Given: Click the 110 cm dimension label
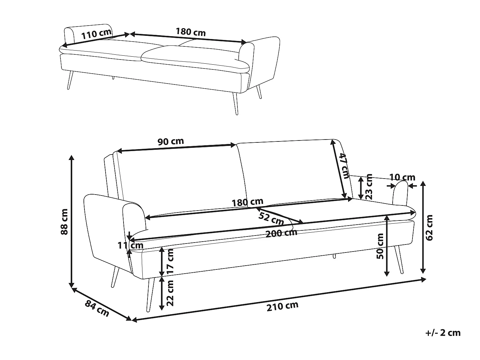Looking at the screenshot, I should coord(96,34).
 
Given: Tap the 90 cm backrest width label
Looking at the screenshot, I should coord(171,141).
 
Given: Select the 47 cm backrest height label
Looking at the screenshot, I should coord(343,166).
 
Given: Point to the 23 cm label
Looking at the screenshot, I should coord(369,187).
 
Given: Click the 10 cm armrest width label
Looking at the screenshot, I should coord(402,177).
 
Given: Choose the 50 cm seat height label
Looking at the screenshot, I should coord(380,246).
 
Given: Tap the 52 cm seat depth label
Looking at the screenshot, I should coord(271,219).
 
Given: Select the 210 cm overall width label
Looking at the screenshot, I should coord(282,306).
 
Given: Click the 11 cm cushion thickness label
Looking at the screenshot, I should coord(131,246).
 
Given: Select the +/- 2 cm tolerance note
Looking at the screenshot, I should coord(443,333).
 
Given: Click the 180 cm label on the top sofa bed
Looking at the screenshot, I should coord(191,32).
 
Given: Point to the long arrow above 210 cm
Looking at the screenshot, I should coord(278,300).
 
